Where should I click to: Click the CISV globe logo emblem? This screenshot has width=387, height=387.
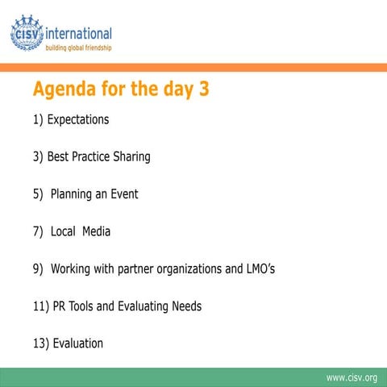pyautogui.click(x=27, y=33)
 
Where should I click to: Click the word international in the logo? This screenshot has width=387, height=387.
pyautogui.click(x=79, y=34)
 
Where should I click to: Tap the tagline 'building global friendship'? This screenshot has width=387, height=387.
pyautogui.click(x=77, y=48)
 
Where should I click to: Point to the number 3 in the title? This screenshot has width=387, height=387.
pyautogui.click(x=204, y=89)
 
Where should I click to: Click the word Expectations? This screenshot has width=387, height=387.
pyautogui.click(x=77, y=120)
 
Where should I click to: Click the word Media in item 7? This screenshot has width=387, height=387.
pyautogui.click(x=96, y=231)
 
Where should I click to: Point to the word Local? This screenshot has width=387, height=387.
pyautogui.click(x=62, y=231)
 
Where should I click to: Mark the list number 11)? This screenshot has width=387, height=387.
pyautogui.click(x=41, y=306)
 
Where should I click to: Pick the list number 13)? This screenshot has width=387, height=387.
pyautogui.click(x=41, y=343)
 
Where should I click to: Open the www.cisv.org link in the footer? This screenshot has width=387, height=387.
pyautogui.click(x=351, y=377)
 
